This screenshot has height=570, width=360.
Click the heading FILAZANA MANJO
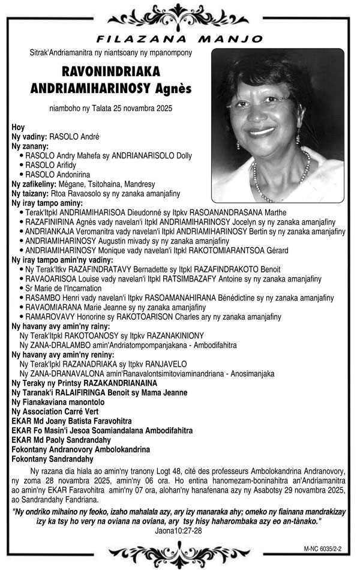(179, 39)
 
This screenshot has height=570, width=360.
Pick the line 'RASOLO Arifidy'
(50, 165)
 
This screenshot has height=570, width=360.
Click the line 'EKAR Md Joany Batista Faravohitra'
(71, 421)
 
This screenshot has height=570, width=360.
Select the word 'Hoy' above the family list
(18, 127)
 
